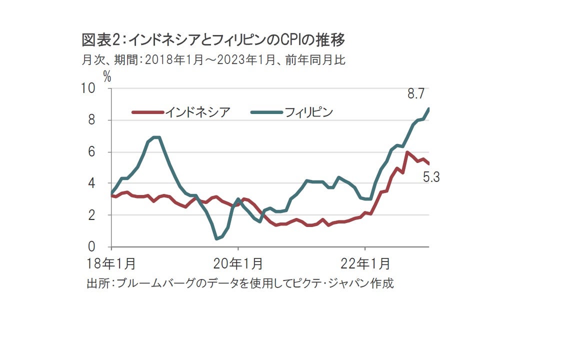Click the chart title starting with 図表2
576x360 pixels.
coord(214,39)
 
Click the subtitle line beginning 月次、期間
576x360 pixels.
coord(213,60)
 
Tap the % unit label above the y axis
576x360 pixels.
coord(106,76)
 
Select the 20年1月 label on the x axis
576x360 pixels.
coord(238,264)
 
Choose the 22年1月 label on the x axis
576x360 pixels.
coord(365,264)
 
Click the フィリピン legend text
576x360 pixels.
coord(308,112)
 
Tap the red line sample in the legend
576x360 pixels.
coord(147,112)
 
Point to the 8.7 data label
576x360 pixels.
coord(416,93)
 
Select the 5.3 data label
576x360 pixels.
coord(430,177)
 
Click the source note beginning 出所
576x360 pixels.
coord(240,283)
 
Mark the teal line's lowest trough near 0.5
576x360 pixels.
coord(216,238)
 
